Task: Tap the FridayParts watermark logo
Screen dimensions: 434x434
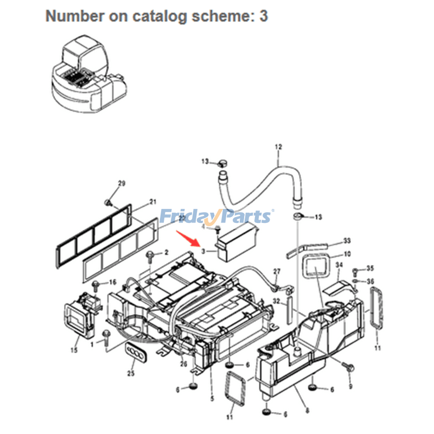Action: tap(216, 216)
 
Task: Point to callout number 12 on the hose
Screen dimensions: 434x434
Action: tap(279, 147)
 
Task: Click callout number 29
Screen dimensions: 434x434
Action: tap(122, 183)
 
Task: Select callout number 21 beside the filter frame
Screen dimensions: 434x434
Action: tap(152, 201)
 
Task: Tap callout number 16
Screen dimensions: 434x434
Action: tap(113, 282)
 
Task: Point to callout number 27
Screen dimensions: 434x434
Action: tap(277, 271)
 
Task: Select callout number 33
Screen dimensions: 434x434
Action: tap(347, 240)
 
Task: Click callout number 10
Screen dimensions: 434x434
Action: tap(347, 254)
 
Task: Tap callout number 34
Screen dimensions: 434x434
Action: tap(339, 265)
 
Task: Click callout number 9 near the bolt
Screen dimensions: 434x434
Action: tap(350, 386)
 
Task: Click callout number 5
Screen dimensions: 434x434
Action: tap(212, 399)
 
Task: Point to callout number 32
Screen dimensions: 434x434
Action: tap(276, 301)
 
